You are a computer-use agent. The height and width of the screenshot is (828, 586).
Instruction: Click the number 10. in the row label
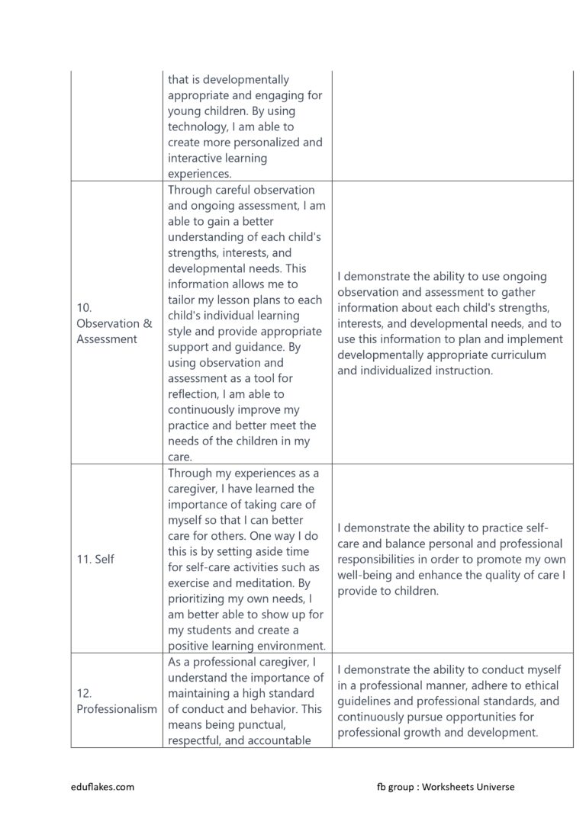coord(84,307)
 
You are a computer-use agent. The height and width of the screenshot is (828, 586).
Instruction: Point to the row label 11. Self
coord(95,559)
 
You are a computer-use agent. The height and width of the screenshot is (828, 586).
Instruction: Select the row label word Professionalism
coord(116,709)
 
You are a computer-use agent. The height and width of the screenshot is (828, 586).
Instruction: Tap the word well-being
coord(368,575)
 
